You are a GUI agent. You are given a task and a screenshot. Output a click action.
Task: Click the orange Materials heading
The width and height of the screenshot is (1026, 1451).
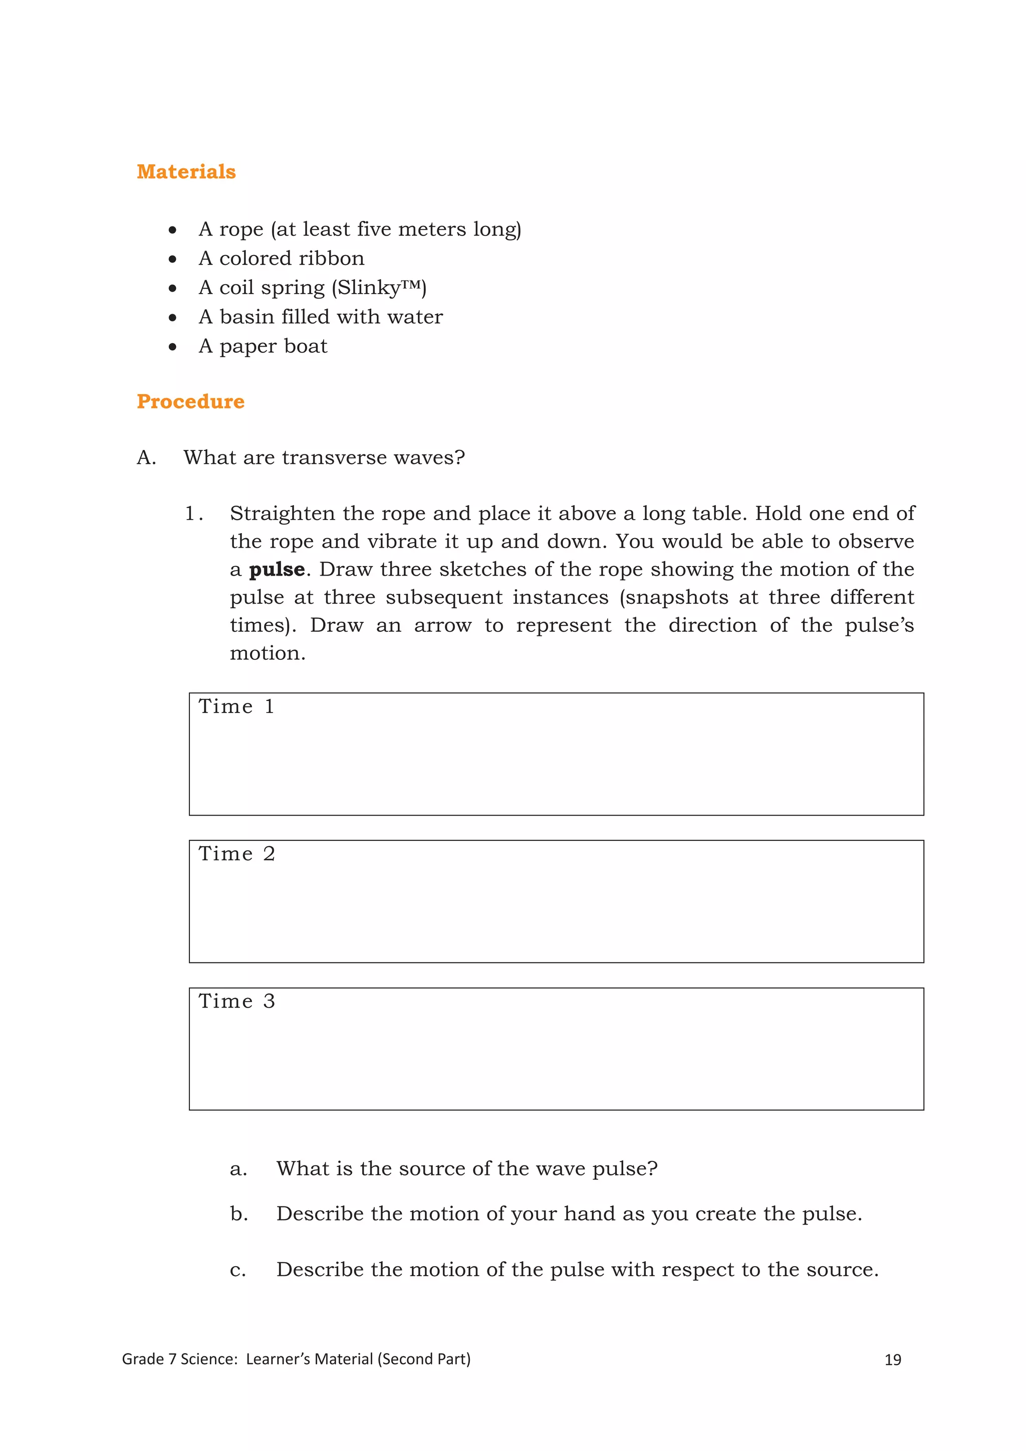coord(186,172)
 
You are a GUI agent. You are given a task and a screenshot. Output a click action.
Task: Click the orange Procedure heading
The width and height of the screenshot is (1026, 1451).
coord(190,402)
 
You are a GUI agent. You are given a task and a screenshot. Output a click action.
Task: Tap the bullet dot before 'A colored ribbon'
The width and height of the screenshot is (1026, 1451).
coord(172,259)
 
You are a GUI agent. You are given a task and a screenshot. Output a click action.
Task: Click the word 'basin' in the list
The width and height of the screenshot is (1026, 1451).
coord(247,317)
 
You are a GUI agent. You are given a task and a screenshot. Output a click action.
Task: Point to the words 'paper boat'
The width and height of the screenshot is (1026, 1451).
coord(273,346)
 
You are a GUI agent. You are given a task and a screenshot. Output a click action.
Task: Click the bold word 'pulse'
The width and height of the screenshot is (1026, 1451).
coord(277,569)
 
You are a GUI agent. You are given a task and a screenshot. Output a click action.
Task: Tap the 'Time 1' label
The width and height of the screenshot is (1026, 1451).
coord(236,706)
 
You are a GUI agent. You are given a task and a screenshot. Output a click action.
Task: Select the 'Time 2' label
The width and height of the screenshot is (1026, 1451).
coord(236,854)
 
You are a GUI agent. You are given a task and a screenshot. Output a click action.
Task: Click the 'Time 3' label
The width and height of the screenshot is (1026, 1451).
coord(236,1001)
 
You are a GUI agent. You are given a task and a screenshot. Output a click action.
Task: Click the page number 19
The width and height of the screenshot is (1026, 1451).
coord(892,1360)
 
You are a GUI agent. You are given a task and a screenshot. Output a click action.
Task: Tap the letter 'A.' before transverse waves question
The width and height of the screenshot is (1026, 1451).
coord(146,457)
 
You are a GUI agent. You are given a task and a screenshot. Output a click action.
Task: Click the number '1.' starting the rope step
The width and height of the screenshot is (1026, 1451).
coord(193,514)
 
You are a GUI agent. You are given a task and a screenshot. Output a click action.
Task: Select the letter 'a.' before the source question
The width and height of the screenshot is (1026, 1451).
coord(238,1169)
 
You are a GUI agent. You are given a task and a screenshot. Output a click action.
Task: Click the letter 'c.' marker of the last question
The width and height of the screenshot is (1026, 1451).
coord(237,1270)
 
